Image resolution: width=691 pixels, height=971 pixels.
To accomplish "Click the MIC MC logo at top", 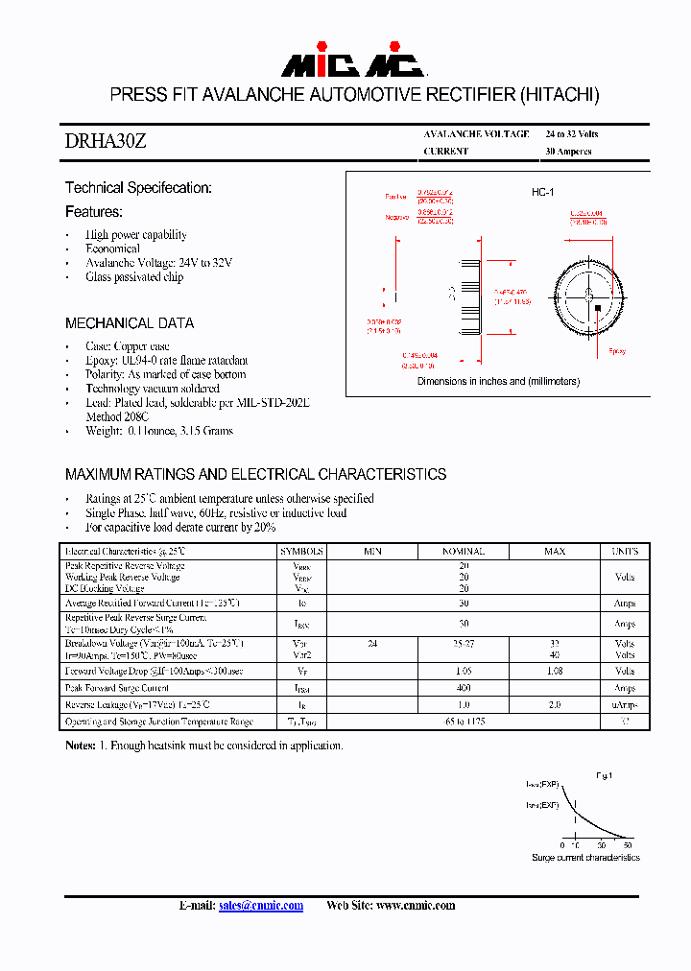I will coord(352,63).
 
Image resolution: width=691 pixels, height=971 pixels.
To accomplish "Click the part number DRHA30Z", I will coord(106,141).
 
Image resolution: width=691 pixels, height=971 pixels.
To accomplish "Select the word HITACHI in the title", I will coord(560,95).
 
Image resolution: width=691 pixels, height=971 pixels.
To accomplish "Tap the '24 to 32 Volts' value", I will coord(571,133).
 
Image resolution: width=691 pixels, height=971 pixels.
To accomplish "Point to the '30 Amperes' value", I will coord(568,152).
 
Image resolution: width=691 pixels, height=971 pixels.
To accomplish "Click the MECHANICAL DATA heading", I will coord(130,323).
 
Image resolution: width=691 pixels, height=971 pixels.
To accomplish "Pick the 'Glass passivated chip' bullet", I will coord(134,277).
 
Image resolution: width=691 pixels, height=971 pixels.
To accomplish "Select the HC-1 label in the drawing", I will coord(543,193).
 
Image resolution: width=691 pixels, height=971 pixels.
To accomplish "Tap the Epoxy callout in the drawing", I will coord(617,351).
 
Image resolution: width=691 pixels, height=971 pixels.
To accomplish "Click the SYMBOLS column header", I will coord(301,552).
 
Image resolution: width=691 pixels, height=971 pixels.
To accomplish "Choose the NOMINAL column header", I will coord(463,552).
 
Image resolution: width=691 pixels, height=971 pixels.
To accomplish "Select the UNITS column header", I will coord(625,552).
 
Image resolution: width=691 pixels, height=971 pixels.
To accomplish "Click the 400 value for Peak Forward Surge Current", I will coord(463,688).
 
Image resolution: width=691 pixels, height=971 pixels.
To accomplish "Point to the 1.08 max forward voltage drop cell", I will coord(554,672).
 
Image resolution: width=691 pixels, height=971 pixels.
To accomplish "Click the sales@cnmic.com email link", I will coord(260,905).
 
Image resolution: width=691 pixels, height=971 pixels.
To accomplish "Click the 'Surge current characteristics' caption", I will coord(585,857).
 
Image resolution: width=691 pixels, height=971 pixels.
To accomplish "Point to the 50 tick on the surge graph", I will coord(628,845).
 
